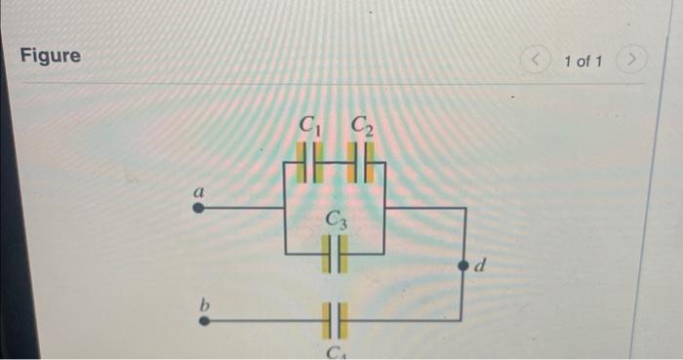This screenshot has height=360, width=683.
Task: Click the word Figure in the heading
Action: click(51, 56)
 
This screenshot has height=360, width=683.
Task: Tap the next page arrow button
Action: click(633, 61)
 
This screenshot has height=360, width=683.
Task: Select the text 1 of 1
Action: click(583, 62)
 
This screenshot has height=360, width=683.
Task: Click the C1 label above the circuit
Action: click(310, 125)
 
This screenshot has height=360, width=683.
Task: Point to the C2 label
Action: click(362, 125)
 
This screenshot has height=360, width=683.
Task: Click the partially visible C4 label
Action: click(335, 352)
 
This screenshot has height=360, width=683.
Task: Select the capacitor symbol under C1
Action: click(310, 161)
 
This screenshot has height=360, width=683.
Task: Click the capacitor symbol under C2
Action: click(362, 161)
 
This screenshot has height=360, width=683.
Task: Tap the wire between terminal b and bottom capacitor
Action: click(263, 319)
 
